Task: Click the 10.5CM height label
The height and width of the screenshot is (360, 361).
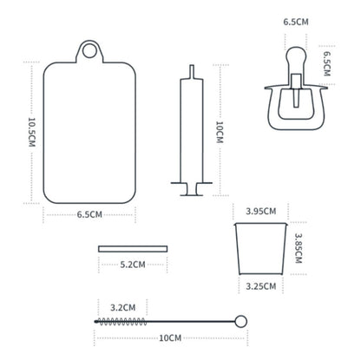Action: point(32,132)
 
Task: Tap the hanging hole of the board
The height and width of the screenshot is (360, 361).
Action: point(89,51)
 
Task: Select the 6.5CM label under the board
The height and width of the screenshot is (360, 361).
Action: point(89,214)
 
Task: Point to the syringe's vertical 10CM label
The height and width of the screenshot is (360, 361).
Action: point(220,132)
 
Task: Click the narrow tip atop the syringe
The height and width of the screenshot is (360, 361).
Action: point(192,71)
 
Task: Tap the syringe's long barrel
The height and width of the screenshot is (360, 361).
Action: point(192,130)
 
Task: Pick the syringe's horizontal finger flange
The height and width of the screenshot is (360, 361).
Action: point(192,183)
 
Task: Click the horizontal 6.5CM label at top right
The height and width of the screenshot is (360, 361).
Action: point(296,22)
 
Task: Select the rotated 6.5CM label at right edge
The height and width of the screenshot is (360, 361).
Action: point(326,64)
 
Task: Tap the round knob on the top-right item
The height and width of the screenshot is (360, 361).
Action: point(296,55)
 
